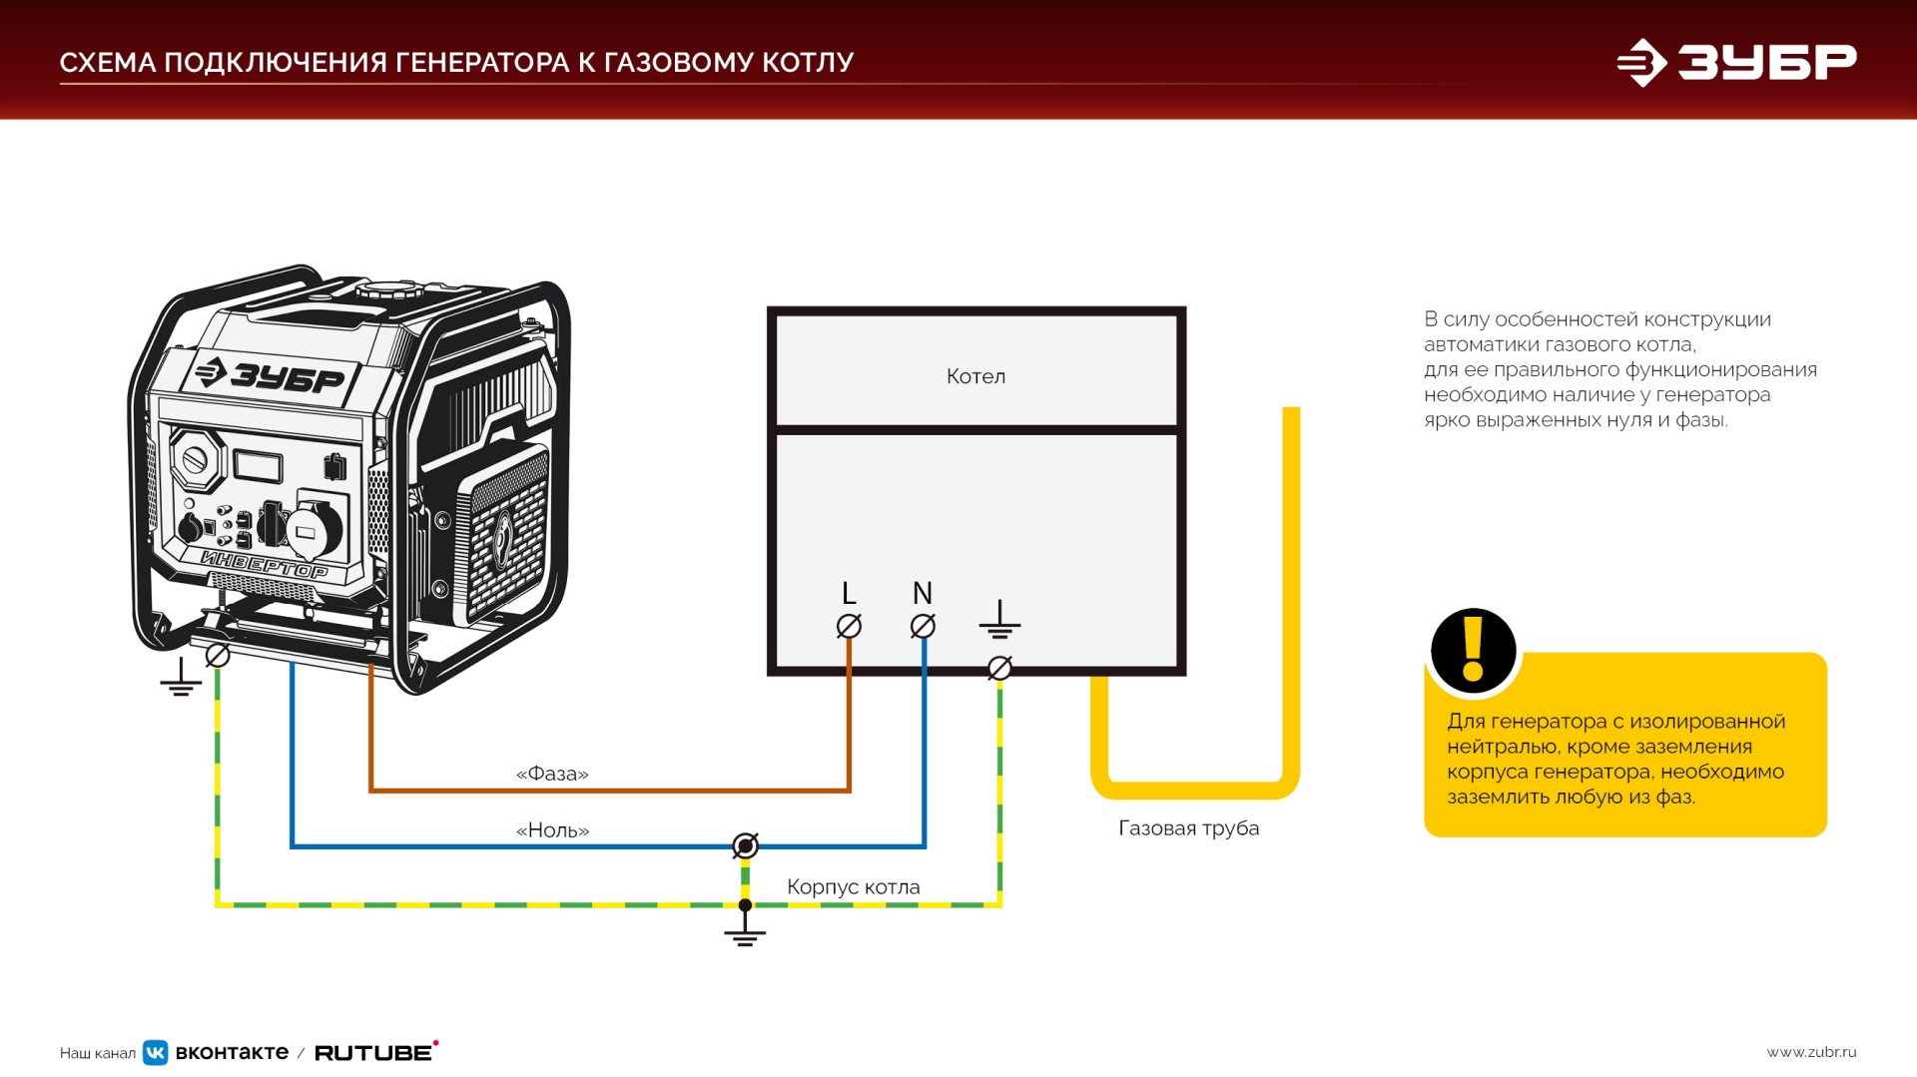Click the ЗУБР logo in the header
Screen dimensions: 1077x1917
click(x=1737, y=62)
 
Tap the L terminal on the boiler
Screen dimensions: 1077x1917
click(x=849, y=626)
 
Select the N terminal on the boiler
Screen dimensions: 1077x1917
click(x=923, y=626)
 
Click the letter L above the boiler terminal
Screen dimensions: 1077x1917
click(x=849, y=594)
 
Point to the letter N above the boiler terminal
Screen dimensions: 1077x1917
click(x=923, y=593)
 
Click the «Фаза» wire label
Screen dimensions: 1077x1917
click(x=552, y=774)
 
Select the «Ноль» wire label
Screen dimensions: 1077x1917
click(x=552, y=830)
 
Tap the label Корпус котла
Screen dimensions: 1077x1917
click(x=854, y=886)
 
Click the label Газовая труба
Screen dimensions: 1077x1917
click(x=1188, y=828)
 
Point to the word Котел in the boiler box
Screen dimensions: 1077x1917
click(x=975, y=376)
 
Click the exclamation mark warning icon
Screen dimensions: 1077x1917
click(x=1473, y=650)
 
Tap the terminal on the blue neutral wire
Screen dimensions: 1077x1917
click(x=745, y=846)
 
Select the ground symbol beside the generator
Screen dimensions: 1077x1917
click(x=181, y=678)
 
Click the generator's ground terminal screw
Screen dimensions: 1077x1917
click(x=218, y=655)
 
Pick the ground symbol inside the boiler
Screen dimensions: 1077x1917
click(x=999, y=621)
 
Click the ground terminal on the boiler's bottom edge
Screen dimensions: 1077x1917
click(x=999, y=668)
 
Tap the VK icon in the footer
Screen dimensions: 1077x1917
click(x=156, y=1052)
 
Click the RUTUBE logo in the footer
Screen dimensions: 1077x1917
click(x=375, y=1052)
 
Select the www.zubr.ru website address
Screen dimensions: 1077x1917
click(x=1811, y=1052)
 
